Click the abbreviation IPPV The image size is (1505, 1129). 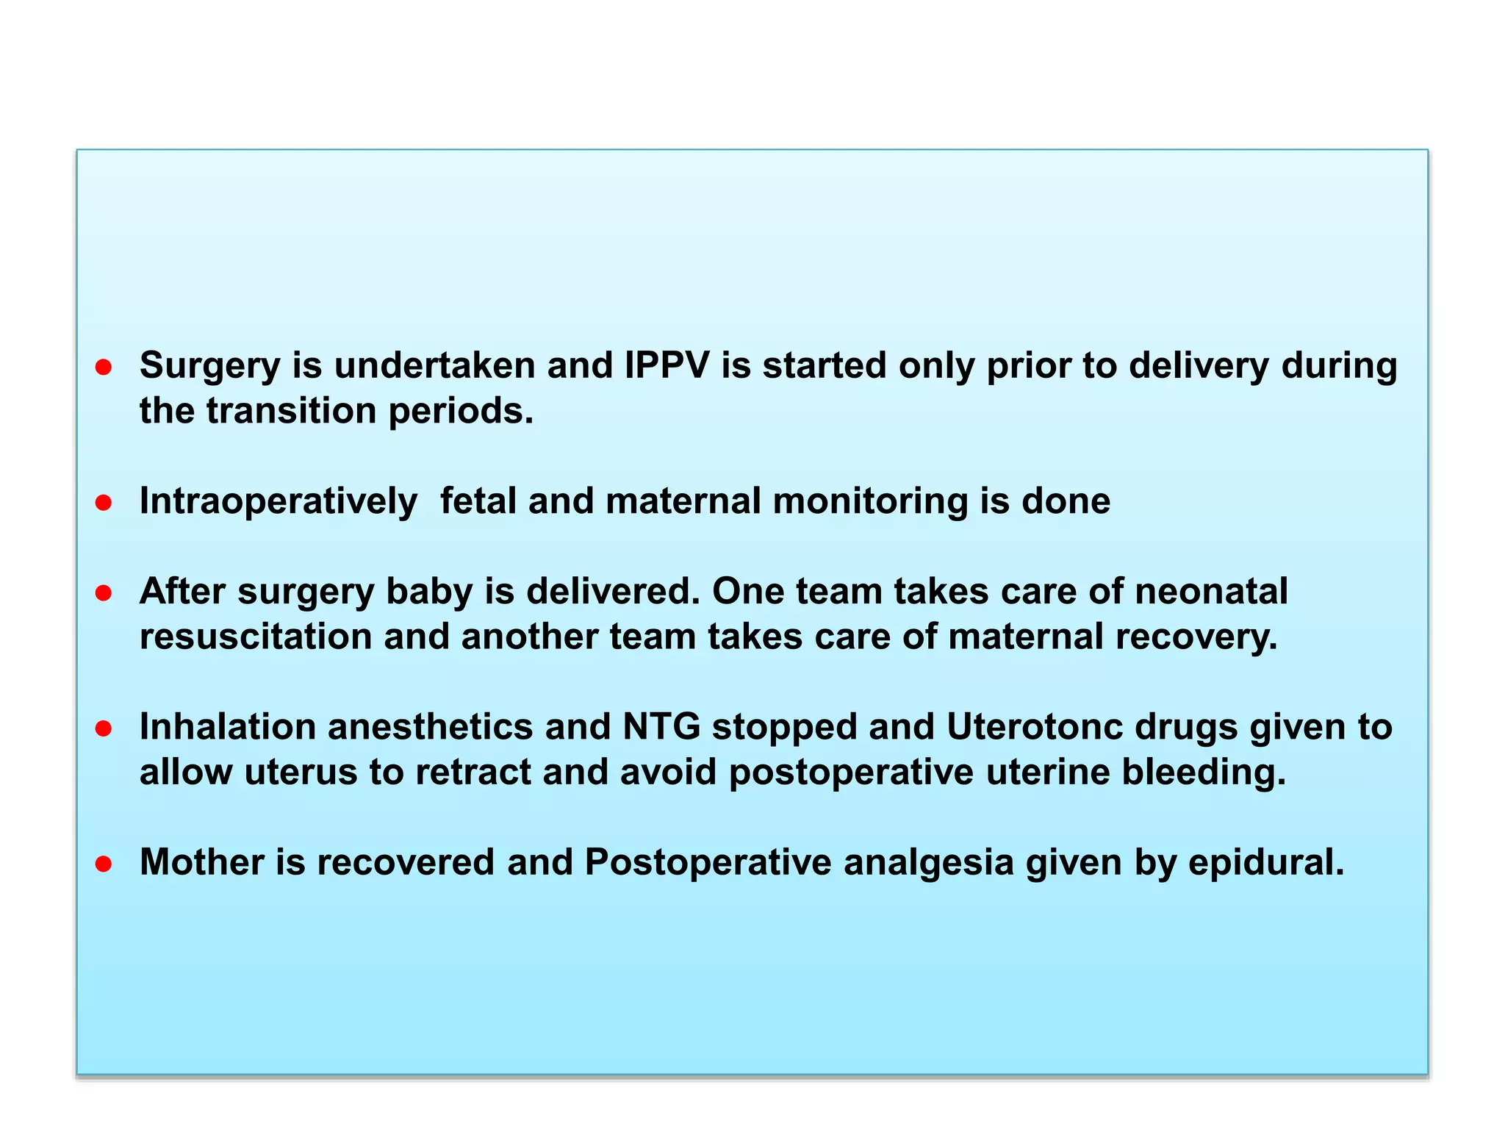coord(667,365)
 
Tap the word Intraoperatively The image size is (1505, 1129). coord(278,502)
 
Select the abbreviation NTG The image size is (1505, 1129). coord(661,727)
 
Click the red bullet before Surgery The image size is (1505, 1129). coord(104,367)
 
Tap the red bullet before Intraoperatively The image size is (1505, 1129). coord(104,503)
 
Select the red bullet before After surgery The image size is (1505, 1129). coord(104,593)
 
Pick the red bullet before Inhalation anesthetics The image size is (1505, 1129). coord(104,728)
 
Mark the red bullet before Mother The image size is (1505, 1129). coord(104,864)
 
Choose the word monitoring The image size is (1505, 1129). coord(870,502)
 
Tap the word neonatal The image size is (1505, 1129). coord(1211,592)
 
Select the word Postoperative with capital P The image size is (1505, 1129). coord(708,862)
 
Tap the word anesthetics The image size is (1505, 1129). coord(430,727)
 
